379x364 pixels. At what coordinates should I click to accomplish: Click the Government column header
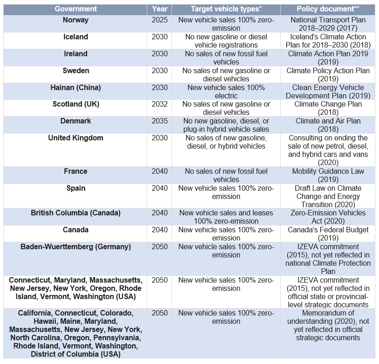[x=75, y=9]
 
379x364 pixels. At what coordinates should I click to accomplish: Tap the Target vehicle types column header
[x=226, y=9]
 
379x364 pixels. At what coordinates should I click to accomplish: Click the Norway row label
[x=75, y=20]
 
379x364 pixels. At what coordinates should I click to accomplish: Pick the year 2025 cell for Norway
[x=160, y=20]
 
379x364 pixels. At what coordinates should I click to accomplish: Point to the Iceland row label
[x=75, y=37]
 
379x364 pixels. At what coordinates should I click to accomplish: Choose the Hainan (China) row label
[x=75, y=87]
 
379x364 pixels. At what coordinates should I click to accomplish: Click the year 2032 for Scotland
[x=160, y=104]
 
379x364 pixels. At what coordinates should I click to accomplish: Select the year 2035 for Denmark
[x=160, y=121]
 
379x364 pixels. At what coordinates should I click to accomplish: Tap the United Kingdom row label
[x=75, y=138]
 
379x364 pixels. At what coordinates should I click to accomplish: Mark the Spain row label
[x=75, y=188]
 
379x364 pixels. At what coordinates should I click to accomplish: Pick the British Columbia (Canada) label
[x=75, y=213]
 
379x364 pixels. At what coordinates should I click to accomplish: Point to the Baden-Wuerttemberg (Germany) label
[x=75, y=247]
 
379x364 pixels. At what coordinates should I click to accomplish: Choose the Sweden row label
[x=75, y=71]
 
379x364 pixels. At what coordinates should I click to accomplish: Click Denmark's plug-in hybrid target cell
[x=226, y=125]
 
